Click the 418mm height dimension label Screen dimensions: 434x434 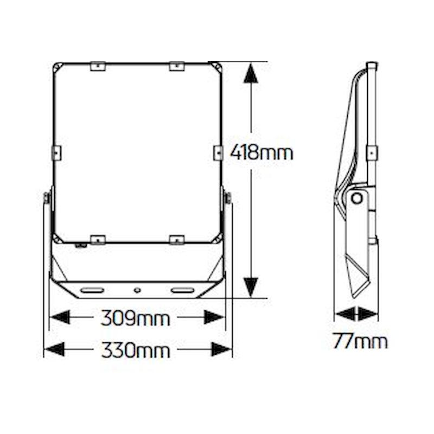(x=261, y=152)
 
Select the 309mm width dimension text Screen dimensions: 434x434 (x=135, y=318)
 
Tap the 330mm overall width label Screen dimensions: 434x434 (x=136, y=350)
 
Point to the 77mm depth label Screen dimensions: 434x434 (x=360, y=341)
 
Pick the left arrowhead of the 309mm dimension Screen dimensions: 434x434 (x=60, y=317)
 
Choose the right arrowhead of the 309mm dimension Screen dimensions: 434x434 (x=214, y=317)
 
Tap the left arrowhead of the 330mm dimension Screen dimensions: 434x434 (x=54, y=349)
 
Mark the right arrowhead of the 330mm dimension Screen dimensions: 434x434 (x=221, y=349)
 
